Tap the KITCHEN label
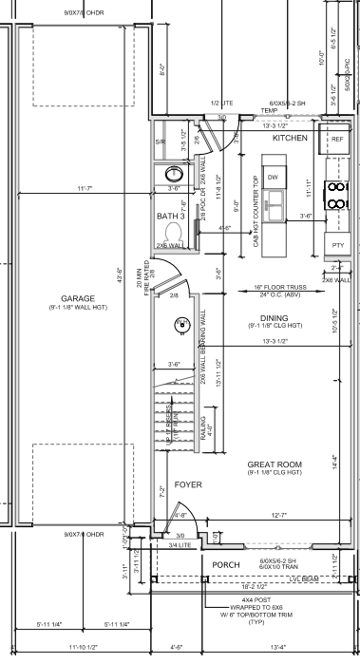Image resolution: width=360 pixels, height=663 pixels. pyautogui.click(x=291, y=139)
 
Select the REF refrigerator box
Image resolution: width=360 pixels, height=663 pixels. pyautogui.click(x=336, y=139)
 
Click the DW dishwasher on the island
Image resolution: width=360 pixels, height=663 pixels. pyautogui.click(x=272, y=178)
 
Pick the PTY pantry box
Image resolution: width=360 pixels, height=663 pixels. pyautogui.click(x=336, y=245)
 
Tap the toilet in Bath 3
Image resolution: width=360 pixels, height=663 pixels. pyautogui.click(x=174, y=231)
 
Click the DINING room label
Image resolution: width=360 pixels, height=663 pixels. pyautogui.click(x=274, y=318)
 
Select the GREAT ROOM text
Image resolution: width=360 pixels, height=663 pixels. pyautogui.click(x=275, y=464)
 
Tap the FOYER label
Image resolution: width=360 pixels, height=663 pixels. pyautogui.click(x=188, y=483)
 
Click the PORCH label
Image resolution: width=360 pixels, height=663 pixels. pyautogui.click(x=226, y=563)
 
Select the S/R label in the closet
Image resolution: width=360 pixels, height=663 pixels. pyautogui.click(x=161, y=142)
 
